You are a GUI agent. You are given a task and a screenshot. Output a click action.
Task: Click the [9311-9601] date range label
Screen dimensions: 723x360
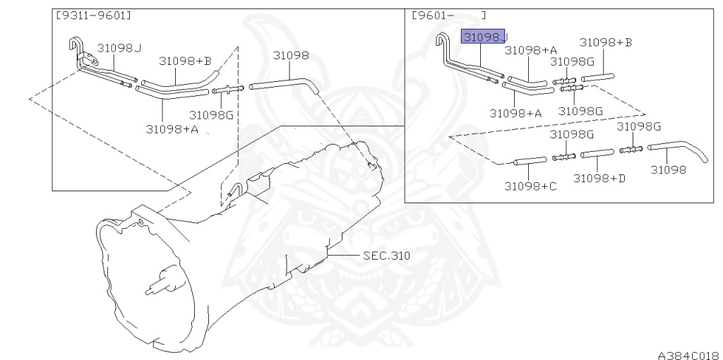(93, 16)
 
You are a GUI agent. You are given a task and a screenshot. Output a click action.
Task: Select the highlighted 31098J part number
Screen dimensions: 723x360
(484, 37)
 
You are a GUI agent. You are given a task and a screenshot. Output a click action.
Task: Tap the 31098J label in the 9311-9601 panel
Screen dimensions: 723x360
(119, 47)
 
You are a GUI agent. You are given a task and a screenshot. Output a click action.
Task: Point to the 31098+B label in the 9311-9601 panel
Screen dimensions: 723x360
(186, 61)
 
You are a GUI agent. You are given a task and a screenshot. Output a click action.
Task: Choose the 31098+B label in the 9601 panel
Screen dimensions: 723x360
(605, 42)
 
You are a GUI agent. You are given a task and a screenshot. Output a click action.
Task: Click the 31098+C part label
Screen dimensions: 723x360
(530, 186)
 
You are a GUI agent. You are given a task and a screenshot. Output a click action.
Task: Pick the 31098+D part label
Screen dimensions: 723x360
(599, 178)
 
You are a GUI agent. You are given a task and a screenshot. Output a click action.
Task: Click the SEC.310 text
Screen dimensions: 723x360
(386, 255)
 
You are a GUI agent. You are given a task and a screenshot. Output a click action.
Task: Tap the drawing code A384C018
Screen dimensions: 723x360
(690, 355)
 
